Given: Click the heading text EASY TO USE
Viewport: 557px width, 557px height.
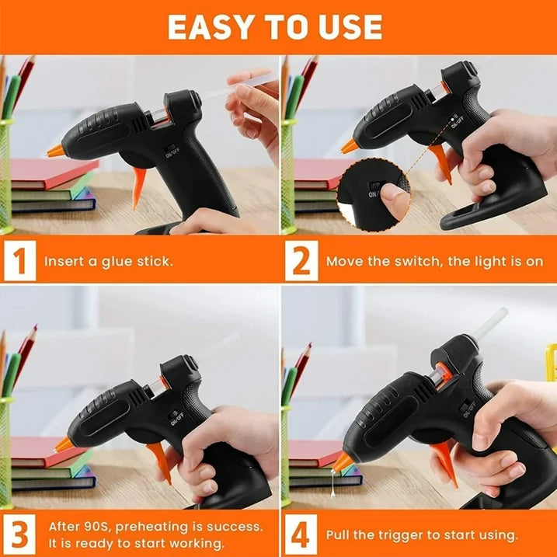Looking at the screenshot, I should [275, 27].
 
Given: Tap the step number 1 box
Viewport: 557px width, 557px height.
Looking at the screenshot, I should [19, 261].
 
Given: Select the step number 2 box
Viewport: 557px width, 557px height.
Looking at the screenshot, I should [300, 261].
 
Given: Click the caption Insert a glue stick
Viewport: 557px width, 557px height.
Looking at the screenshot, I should [108, 261].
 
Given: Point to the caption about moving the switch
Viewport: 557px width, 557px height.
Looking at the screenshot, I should [433, 261].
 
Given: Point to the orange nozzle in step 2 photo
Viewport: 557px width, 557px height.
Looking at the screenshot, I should [350, 145].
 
